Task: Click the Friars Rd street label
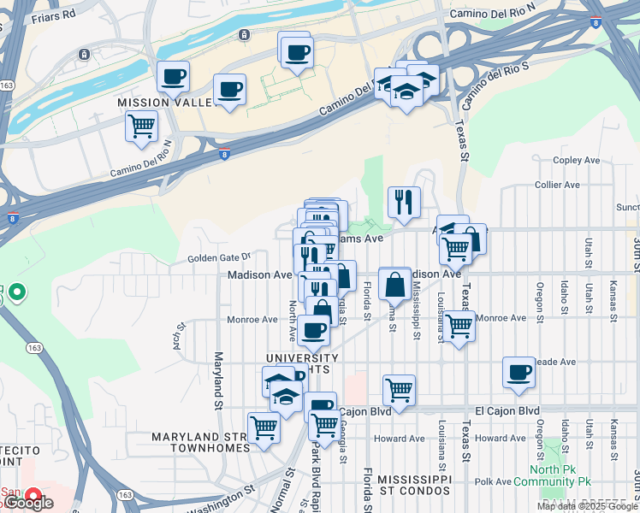[52, 15]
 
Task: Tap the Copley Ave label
[577, 160]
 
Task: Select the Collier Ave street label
[557, 185]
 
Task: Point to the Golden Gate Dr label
[217, 256]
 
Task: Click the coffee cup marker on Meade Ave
[519, 373]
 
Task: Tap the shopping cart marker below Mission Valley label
[141, 127]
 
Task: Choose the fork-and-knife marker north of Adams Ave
[404, 202]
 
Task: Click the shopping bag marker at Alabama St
[394, 284]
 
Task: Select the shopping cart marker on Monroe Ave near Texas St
[459, 326]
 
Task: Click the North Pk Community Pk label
[557, 475]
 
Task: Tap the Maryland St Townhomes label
[200, 442]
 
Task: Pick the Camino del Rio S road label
[498, 85]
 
